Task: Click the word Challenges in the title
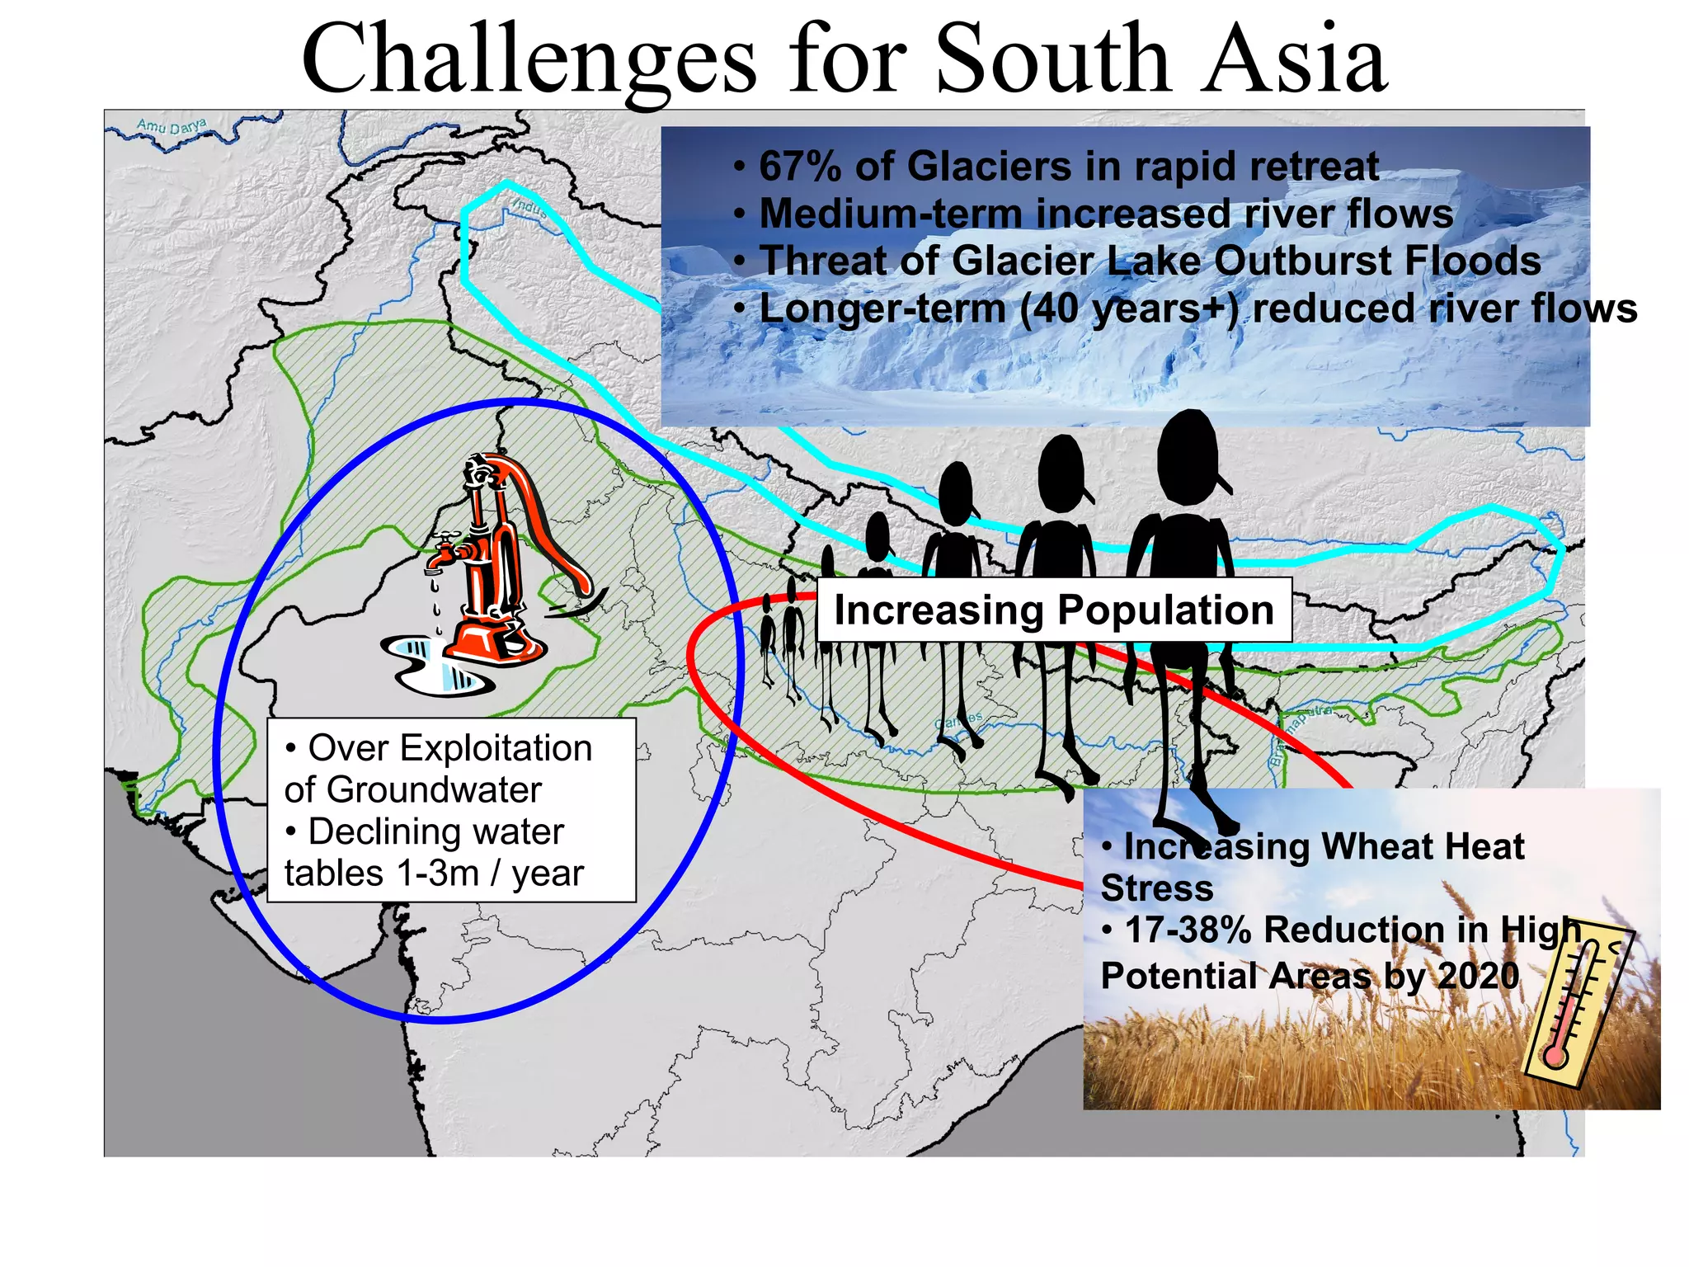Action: point(528,59)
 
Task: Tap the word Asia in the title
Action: point(1293,59)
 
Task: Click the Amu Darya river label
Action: point(172,126)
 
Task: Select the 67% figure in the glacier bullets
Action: point(800,167)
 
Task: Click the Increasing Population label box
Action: point(1053,610)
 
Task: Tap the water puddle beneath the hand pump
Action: point(437,664)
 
